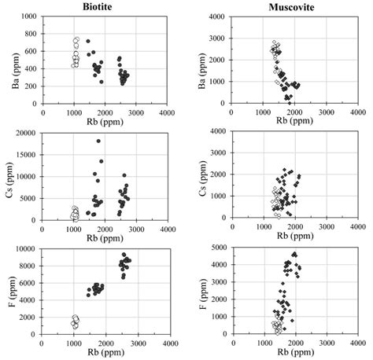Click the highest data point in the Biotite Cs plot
point(98,141)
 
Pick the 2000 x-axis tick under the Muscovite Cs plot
point(295,227)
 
